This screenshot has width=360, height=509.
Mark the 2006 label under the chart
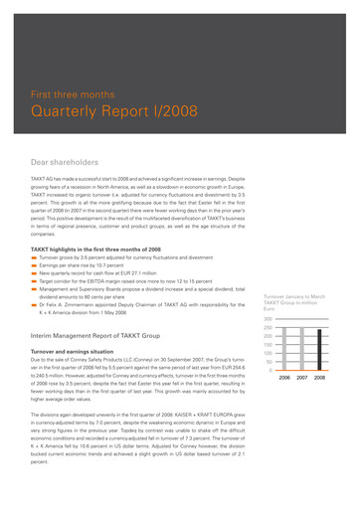click(284, 406)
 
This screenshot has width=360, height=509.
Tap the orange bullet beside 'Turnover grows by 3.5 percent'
click(34, 257)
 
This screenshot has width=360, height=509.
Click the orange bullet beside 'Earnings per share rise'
click(34, 265)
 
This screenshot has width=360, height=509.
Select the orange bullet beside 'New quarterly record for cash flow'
click(34, 273)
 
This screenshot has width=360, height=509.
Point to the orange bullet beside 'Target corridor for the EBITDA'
click(34, 281)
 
